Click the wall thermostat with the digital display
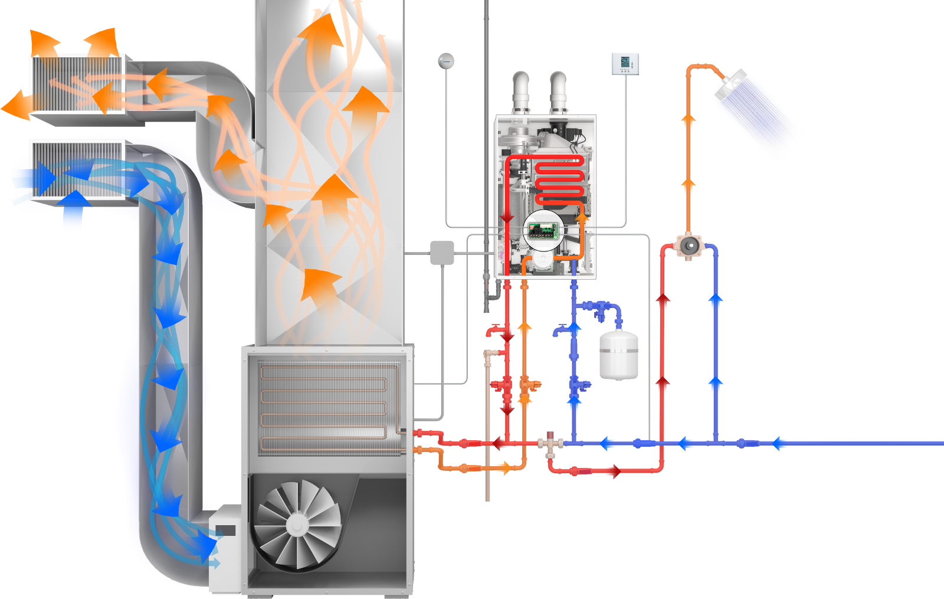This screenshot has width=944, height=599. click(626, 63)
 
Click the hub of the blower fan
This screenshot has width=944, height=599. click(297, 525)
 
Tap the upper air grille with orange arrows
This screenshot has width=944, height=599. click(78, 83)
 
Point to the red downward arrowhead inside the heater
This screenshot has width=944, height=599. click(506, 218)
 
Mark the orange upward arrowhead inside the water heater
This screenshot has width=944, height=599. click(582, 217)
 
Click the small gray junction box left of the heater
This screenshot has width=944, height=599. click(442, 253)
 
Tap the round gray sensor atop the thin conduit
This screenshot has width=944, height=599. click(447, 60)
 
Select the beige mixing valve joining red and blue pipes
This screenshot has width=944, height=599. click(553, 444)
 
